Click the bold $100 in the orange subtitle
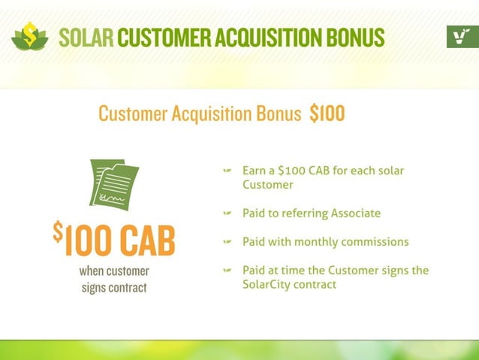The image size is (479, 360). point(327,114)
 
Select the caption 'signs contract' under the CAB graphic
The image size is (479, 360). point(115,287)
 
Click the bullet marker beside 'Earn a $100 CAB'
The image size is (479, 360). point(227,171)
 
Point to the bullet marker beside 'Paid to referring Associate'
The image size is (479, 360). point(227,213)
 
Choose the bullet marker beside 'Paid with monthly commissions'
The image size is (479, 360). point(227,242)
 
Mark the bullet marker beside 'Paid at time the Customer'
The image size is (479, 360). point(227,271)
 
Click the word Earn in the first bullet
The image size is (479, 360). point(255,171)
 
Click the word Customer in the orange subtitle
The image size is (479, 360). point(133,114)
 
